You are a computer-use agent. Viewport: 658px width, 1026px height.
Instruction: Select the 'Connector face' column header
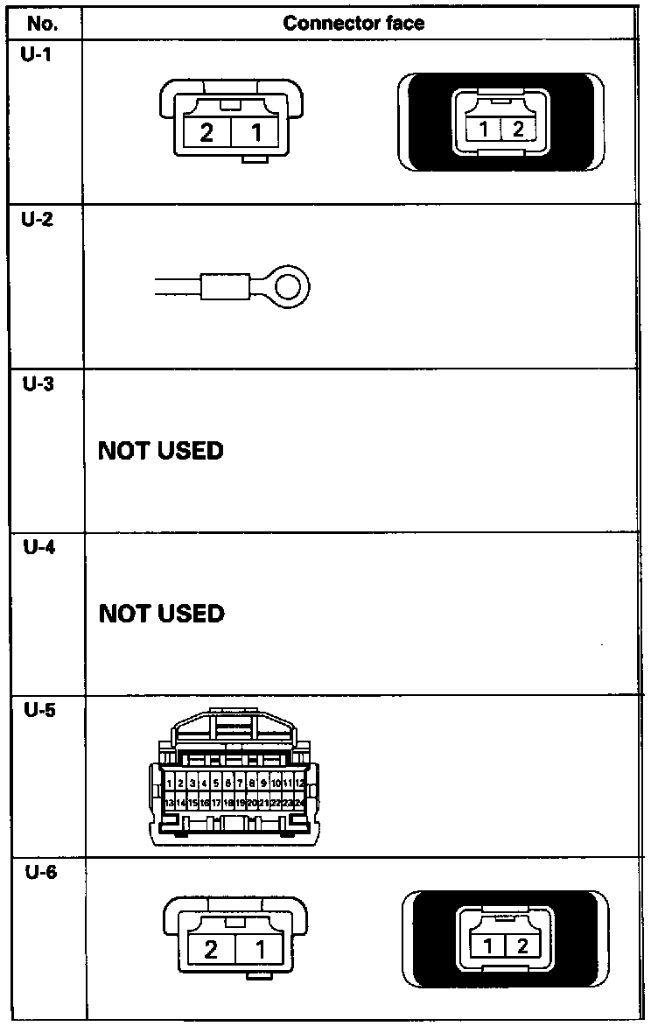353,22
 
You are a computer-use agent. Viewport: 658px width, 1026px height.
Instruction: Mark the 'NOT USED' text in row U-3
161,451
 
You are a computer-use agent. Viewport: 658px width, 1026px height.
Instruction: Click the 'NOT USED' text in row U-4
161,613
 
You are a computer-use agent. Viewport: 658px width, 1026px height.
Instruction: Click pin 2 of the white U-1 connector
207,133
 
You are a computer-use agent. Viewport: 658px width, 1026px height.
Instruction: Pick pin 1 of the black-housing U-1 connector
484,130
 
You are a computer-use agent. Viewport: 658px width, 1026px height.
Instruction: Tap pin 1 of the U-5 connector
169,783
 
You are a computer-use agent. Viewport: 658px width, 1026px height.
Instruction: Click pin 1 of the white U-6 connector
261,949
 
